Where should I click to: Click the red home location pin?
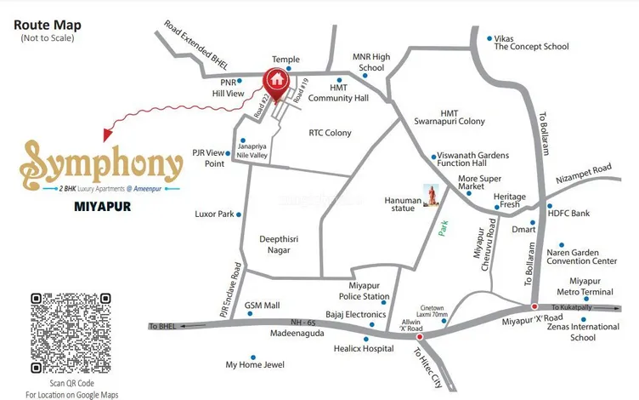click(275, 81)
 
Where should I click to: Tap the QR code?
click(71, 333)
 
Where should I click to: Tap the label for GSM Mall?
click(262, 304)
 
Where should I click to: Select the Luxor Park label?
click(213, 214)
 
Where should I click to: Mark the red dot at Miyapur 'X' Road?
click(534, 306)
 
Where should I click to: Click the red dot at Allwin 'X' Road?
click(420, 335)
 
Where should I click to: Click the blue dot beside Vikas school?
click(489, 38)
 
